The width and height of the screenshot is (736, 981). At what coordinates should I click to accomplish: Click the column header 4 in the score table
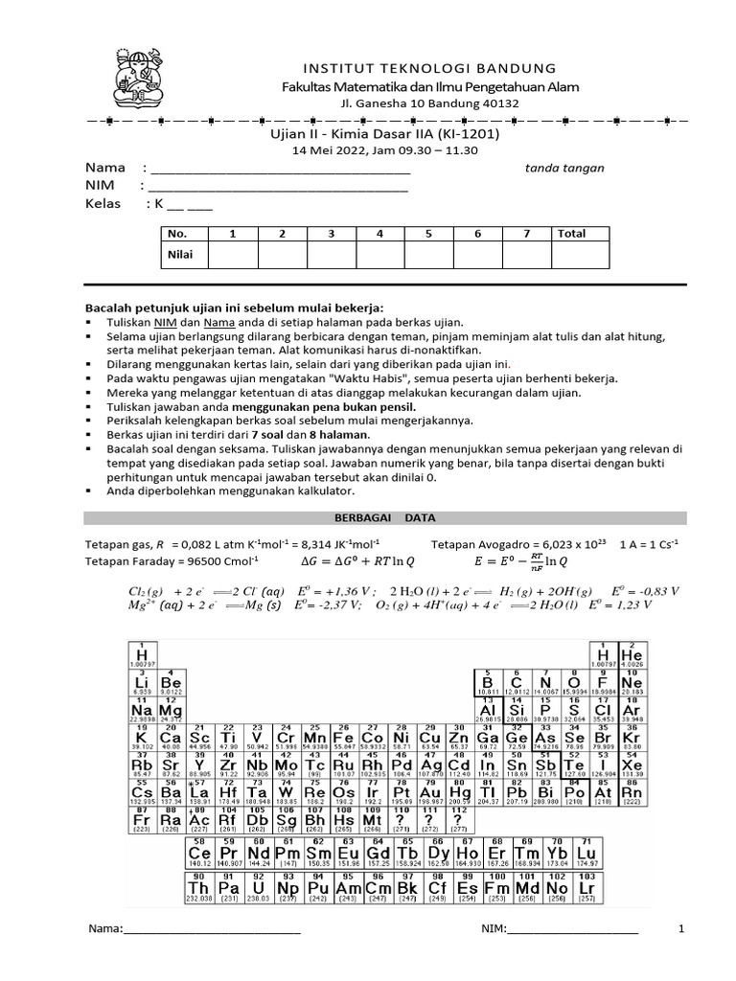pyautogui.click(x=379, y=234)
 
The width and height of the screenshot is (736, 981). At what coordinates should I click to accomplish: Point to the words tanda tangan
pyautogui.click(x=564, y=169)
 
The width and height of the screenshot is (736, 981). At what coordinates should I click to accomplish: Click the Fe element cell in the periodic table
pyautogui.click(x=345, y=736)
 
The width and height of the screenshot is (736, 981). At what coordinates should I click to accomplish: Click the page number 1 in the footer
pyautogui.click(x=681, y=929)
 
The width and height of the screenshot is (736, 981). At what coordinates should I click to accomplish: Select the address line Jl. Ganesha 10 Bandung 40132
pyautogui.click(x=429, y=103)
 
